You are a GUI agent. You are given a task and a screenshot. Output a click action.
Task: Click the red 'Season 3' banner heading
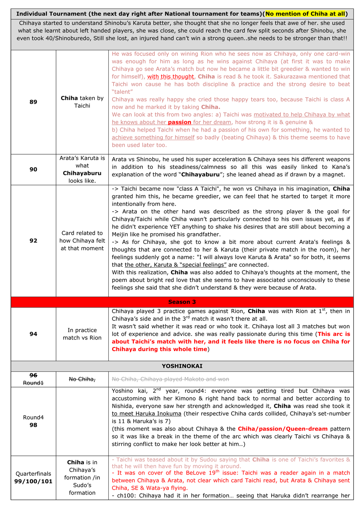tap(182, 302)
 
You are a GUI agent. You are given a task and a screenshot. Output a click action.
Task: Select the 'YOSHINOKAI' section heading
tap(182, 366)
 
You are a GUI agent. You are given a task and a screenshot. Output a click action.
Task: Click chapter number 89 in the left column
tap(33, 102)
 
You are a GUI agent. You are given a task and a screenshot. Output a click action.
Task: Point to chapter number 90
tap(33, 170)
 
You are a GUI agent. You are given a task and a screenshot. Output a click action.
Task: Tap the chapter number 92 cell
tap(33, 241)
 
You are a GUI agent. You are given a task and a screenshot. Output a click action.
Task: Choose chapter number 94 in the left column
tap(33, 334)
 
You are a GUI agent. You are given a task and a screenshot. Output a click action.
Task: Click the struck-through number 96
tap(33, 375)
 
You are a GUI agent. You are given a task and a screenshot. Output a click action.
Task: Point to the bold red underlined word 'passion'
tap(180, 122)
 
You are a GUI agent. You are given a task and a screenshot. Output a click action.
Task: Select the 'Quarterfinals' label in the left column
tap(33, 473)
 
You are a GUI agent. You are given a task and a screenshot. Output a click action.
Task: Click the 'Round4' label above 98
tap(33, 417)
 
